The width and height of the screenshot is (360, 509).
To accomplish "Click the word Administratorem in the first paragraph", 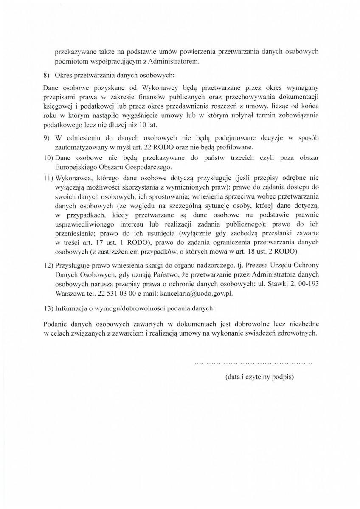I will point(174,62).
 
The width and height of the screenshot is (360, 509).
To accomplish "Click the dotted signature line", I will point(253,364).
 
